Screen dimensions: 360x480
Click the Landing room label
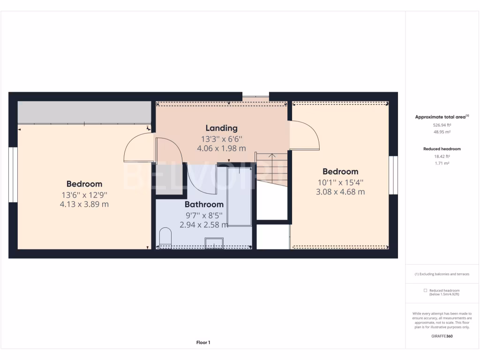pyautogui.click(x=221, y=128)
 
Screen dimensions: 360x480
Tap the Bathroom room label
pyautogui.click(x=203, y=204)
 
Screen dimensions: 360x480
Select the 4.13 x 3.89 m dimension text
pyautogui.click(x=84, y=204)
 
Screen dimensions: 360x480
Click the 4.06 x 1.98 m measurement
pyautogui.click(x=221, y=148)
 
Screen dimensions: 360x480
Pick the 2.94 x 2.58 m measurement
pyautogui.click(x=203, y=225)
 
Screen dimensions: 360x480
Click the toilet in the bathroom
pyautogui.click(x=165, y=237)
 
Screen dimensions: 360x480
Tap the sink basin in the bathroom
pyautogui.click(x=214, y=243)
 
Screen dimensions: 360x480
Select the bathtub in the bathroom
pyautogui.click(x=239, y=197)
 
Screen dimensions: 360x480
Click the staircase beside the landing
pyautogui.click(x=271, y=168)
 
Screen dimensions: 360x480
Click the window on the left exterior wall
pyautogui.click(x=13, y=175)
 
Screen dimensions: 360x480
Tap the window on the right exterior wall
pyautogui.click(x=393, y=175)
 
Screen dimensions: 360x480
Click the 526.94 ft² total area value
pyautogui.click(x=442, y=125)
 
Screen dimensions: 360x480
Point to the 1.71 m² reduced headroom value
pyautogui.click(x=442, y=163)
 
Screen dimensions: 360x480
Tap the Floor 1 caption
pyautogui.click(x=203, y=343)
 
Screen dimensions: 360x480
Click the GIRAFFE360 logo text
pyautogui.click(x=442, y=336)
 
